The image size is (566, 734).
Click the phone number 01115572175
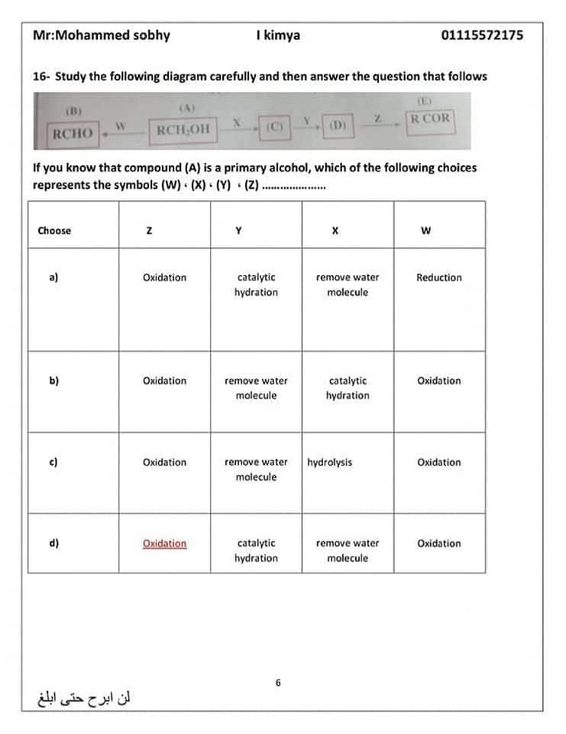[482, 35]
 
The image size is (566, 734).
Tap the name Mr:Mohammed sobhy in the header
[102, 35]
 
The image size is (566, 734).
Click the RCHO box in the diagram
[73, 134]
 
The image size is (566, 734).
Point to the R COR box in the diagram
[430, 119]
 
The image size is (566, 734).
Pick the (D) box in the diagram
[337, 125]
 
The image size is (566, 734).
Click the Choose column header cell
[54, 231]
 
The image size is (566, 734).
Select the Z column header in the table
[165, 231]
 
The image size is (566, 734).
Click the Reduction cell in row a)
[438, 278]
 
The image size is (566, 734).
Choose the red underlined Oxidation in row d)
[164, 544]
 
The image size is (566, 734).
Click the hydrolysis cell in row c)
[330, 463]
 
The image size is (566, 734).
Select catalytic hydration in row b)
[347, 388]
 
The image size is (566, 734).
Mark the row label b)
[53, 381]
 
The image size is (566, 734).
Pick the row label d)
[53, 544]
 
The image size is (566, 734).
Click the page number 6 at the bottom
[279, 682]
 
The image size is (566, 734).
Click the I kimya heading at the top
[278, 35]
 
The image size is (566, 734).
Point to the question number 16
[40, 76]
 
